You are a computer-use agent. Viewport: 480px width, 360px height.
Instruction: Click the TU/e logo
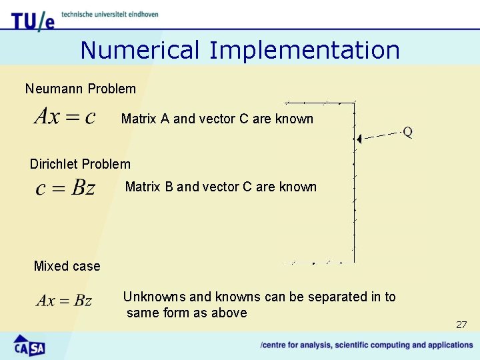[32, 21]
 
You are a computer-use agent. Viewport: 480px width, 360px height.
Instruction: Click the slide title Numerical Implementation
[240, 50]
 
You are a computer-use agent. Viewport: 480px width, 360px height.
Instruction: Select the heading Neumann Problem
[80, 89]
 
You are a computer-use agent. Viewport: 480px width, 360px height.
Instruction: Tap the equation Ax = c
[65, 117]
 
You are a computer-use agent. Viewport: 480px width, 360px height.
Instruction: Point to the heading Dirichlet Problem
[80, 164]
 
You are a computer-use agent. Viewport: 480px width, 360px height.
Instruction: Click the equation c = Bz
[65, 188]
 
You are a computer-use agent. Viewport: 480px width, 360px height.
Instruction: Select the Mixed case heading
[67, 266]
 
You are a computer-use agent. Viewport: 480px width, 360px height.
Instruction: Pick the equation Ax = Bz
[64, 301]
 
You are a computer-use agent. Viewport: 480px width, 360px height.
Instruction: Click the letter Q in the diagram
[407, 133]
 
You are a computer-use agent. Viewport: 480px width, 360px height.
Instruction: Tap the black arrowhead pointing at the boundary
[359, 139]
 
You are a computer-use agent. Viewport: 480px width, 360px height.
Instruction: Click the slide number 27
[461, 325]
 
